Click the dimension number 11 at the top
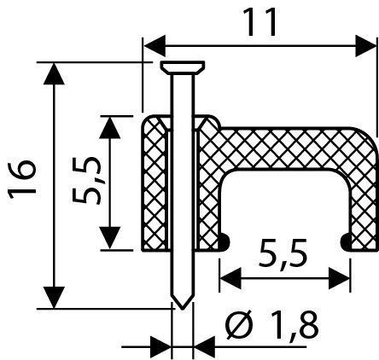(261, 22)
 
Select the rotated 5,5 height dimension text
(86, 181)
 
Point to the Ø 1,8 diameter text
(271, 325)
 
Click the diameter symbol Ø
(238, 325)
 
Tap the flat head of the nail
(183, 67)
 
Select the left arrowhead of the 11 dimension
(154, 46)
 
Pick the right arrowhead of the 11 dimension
(365, 46)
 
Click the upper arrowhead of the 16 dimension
(54, 74)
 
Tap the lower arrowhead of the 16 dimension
(54, 297)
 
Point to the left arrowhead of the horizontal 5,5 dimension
(230, 277)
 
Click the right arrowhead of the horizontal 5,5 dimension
(339, 277)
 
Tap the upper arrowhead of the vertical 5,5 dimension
(110, 128)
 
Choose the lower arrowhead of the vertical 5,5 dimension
(110, 238)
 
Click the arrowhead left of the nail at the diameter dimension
(160, 346)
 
